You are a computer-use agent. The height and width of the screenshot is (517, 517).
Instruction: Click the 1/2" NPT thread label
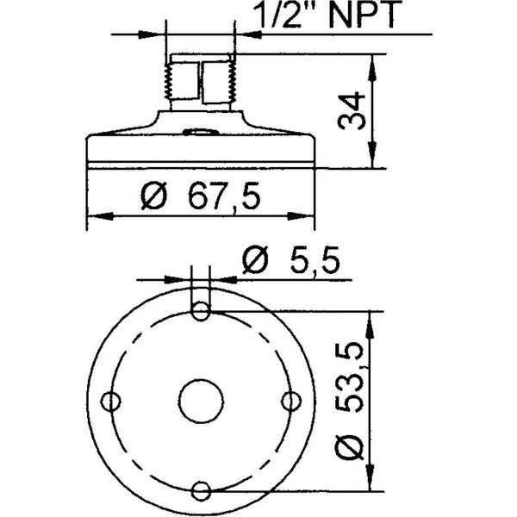327,14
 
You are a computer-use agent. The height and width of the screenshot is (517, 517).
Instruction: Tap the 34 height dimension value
352,111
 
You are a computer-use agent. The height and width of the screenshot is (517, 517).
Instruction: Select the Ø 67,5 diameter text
200,196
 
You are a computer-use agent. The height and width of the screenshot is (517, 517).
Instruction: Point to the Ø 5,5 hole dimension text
291,260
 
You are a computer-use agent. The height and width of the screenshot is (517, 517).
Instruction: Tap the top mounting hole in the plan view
201,311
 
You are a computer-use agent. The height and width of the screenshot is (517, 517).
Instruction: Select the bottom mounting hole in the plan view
201,490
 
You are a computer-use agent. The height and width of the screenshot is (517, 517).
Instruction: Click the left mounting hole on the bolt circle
110,402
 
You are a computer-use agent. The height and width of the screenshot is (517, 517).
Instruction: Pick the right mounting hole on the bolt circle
291,402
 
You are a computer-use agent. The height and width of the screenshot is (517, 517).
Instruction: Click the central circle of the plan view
201,401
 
